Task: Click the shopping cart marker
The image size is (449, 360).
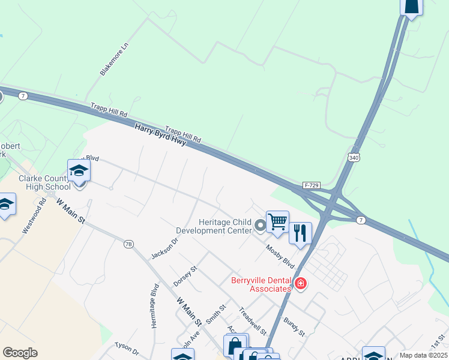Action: (277, 221)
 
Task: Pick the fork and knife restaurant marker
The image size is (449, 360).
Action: (300, 232)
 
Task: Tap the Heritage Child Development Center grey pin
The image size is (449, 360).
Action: (260, 226)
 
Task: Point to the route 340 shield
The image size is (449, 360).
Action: (354, 157)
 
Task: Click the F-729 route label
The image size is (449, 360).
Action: (311, 185)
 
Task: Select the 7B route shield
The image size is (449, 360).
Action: (128, 244)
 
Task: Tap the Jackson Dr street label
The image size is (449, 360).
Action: (165, 248)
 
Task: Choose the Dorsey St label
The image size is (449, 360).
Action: (185, 276)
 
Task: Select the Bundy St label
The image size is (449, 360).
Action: (294, 326)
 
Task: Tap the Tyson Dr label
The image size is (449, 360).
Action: (126, 350)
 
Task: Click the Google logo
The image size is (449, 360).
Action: (20, 353)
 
